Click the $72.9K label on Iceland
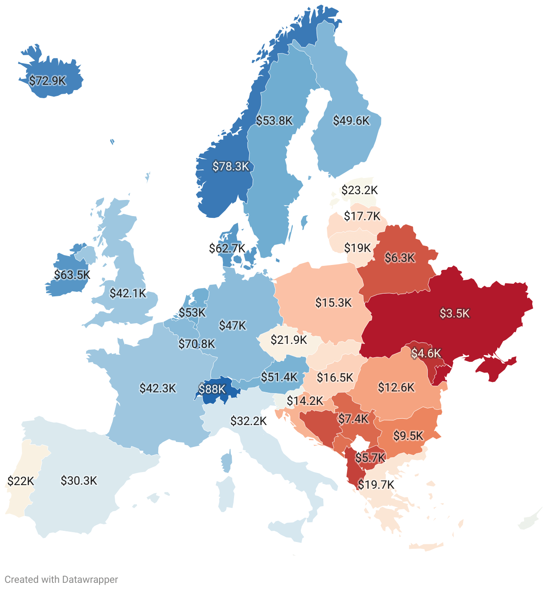coord(48,81)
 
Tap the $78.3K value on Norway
coord(230,166)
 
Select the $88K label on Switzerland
coord(212,389)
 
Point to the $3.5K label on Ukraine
coord(454,313)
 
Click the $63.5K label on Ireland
coord(72,274)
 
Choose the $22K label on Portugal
coord(21,481)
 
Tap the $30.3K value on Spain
coord(79,481)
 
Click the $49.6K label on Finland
coord(351,121)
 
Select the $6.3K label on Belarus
coord(400,258)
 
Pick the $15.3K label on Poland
coord(333,303)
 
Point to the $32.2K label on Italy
coord(248,421)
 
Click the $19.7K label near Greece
coord(376,485)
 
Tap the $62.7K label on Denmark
coord(227,248)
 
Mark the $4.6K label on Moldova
coord(426,353)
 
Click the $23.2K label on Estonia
coord(359,190)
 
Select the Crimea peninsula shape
coord(495,369)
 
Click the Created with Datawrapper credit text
coord(61,579)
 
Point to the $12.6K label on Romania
coord(396,387)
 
